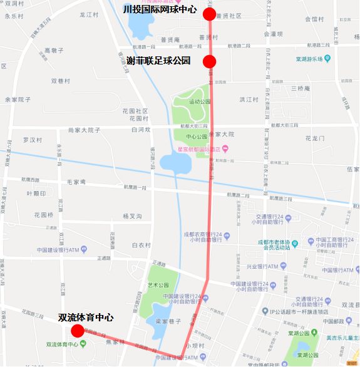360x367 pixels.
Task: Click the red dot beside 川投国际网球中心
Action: click(x=210, y=14)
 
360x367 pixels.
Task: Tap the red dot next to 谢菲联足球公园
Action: click(x=210, y=61)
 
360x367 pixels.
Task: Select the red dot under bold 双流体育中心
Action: click(x=78, y=331)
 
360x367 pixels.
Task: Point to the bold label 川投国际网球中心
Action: click(x=160, y=9)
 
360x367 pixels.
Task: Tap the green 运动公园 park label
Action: click(x=200, y=101)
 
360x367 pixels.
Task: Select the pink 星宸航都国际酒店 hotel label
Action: click(x=200, y=149)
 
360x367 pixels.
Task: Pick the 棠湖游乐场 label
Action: click(x=309, y=59)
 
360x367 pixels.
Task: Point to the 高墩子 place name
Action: click(x=54, y=49)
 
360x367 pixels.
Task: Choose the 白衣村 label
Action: click(x=141, y=245)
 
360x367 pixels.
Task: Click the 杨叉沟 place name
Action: click(x=132, y=216)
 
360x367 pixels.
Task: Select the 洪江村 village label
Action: click(x=249, y=100)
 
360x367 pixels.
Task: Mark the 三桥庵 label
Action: click(x=300, y=88)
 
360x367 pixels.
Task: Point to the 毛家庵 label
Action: click(x=76, y=182)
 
